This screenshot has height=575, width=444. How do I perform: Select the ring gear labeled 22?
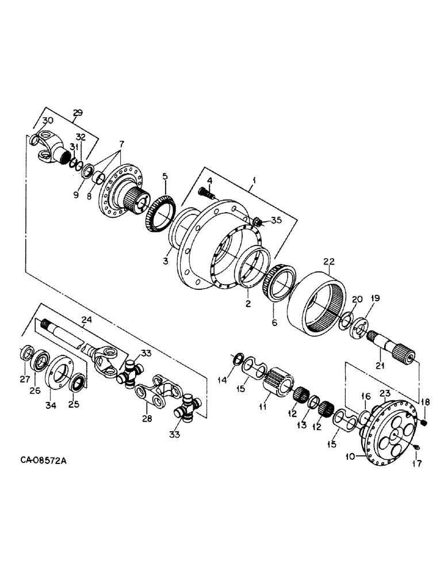317,302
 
